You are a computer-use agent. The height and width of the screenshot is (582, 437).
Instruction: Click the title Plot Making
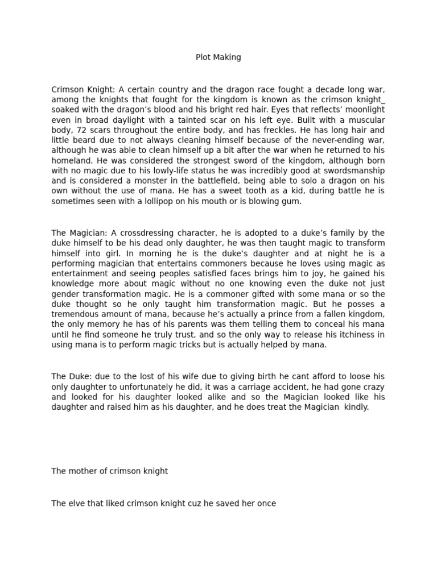[218, 57]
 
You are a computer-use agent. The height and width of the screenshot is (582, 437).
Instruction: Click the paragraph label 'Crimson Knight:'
[83, 89]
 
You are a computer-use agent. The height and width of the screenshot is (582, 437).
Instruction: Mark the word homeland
[71, 161]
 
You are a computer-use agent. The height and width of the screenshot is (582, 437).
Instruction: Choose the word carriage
[258, 387]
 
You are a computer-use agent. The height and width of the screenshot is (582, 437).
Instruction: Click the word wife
[171, 377]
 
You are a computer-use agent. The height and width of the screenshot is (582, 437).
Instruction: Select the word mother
[81, 471]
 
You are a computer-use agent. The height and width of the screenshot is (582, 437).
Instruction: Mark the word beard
[77, 140]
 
